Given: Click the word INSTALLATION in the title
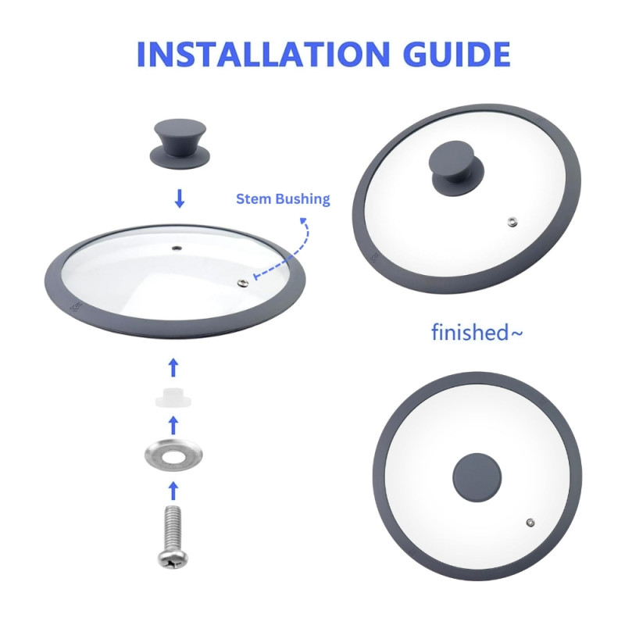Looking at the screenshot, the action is [263, 54].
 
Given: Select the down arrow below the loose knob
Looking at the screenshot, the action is [180, 198].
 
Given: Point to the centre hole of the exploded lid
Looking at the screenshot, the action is [177, 248].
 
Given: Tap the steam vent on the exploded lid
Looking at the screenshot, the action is [243, 283].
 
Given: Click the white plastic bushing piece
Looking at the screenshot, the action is [173, 397].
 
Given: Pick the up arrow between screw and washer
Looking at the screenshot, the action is [173, 491].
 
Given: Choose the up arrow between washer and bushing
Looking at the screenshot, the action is [173, 425].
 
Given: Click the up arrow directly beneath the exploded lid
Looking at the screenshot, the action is [173, 367].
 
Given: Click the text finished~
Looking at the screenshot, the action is [477, 332].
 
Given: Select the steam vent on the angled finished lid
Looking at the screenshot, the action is [512, 222].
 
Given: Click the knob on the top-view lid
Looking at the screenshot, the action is [477, 477].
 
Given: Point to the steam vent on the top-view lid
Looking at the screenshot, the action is [530, 523].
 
